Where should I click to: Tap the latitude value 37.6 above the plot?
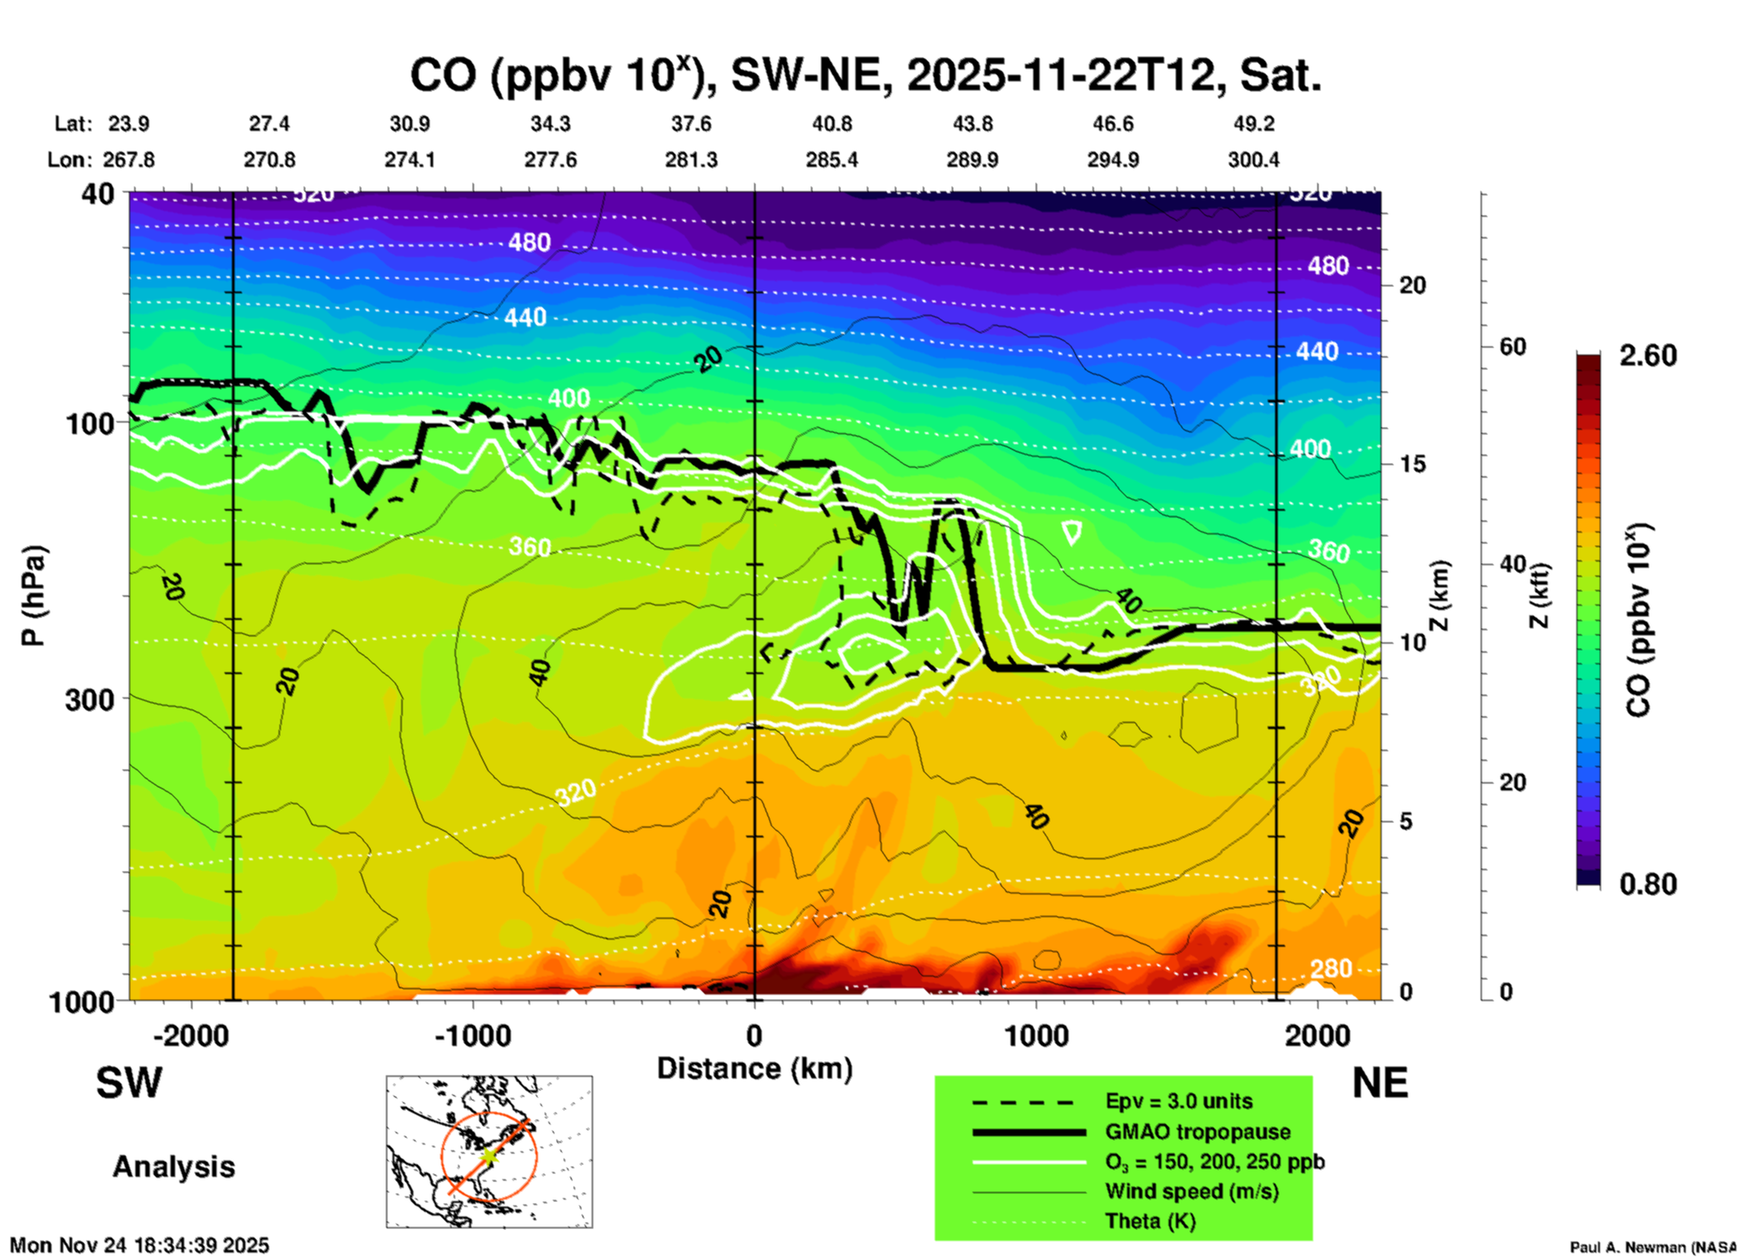coord(691,124)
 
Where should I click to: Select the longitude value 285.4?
coord(832,160)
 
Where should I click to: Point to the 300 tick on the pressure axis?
coord(89,698)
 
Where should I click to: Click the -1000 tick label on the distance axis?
coord(473,1036)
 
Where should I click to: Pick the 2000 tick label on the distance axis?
coord(1317,1036)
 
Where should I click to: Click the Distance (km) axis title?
coord(754,1068)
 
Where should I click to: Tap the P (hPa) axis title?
coord(33,596)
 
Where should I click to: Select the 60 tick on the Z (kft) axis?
coord(1512,347)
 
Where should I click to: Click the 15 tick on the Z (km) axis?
coord(1412,464)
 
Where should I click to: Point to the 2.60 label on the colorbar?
coord(1648,356)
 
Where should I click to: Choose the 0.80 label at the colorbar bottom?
coord(1648,884)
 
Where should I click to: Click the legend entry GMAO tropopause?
coord(1197,1132)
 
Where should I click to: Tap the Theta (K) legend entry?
coord(1150,1221)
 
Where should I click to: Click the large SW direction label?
coord(129,1083)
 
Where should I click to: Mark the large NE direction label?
coord(1380,1083)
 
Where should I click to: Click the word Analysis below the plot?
coord(173,1167)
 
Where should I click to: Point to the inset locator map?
coord(489,1152)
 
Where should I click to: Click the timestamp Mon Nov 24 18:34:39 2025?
coord(140,1245)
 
